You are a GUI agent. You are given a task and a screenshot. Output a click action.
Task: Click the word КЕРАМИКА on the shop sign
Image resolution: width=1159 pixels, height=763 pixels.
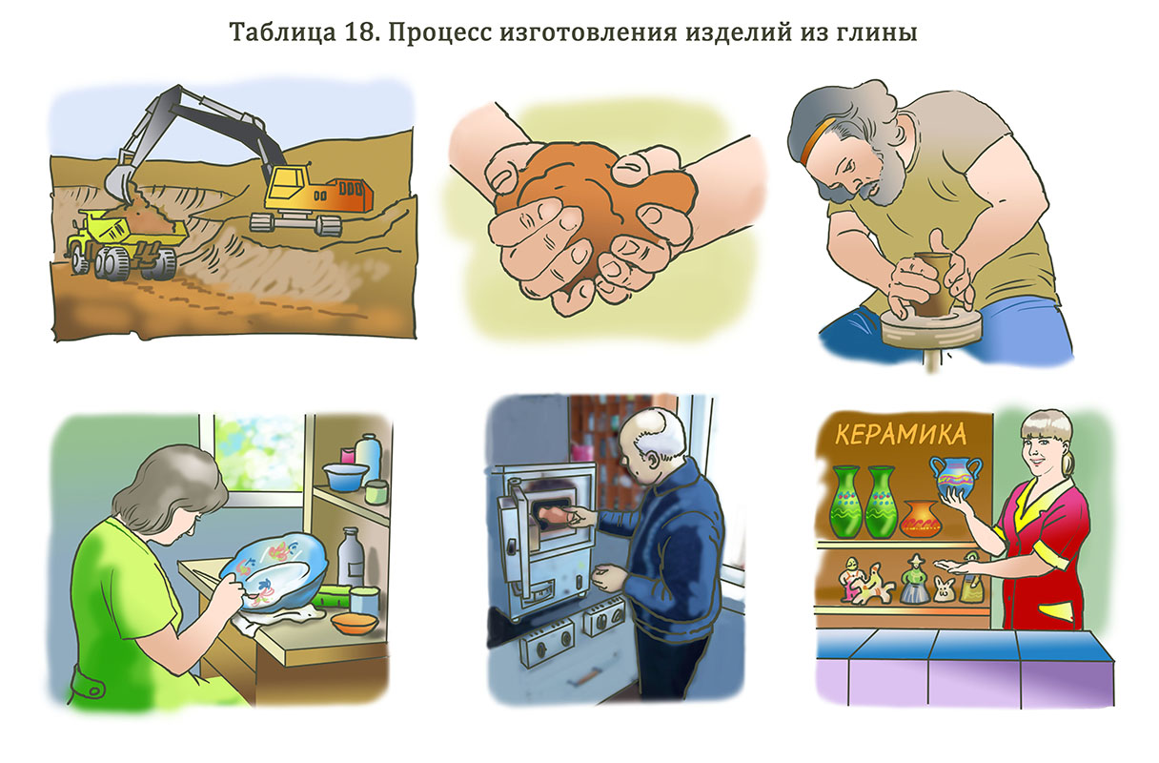(x=900, y=435)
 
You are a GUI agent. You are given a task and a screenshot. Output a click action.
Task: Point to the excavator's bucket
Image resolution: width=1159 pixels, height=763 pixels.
(x=119, y=181)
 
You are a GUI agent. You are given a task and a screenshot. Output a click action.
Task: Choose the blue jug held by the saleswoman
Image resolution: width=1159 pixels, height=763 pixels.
(x=954, y=477)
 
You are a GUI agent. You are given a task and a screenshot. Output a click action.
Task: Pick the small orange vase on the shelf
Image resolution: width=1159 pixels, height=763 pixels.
(x=919, y=519)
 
